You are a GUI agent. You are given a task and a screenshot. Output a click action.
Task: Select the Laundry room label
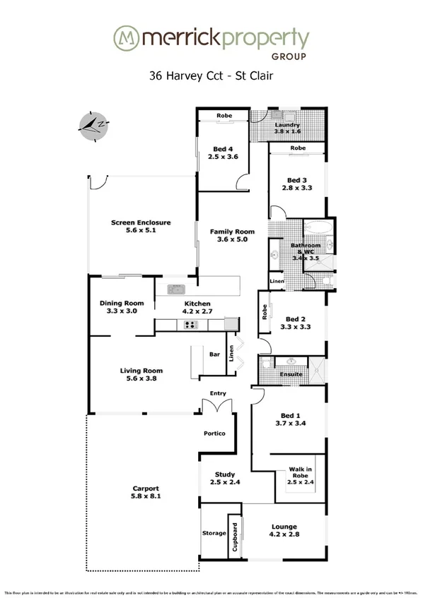pos(287,125)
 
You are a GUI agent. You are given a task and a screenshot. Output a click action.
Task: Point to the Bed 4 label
pos(223,149)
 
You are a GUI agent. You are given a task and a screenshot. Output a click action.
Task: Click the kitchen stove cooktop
pos(192,325)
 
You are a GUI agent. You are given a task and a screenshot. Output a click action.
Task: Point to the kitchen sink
pos(175,289)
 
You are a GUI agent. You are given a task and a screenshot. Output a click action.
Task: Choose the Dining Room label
pos(117,302)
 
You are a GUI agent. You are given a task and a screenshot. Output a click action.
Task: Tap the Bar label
pos(216,354)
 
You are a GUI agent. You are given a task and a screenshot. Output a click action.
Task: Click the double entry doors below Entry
pos(216,406)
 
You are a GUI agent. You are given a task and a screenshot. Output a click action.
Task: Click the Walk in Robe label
pos(301,474)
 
